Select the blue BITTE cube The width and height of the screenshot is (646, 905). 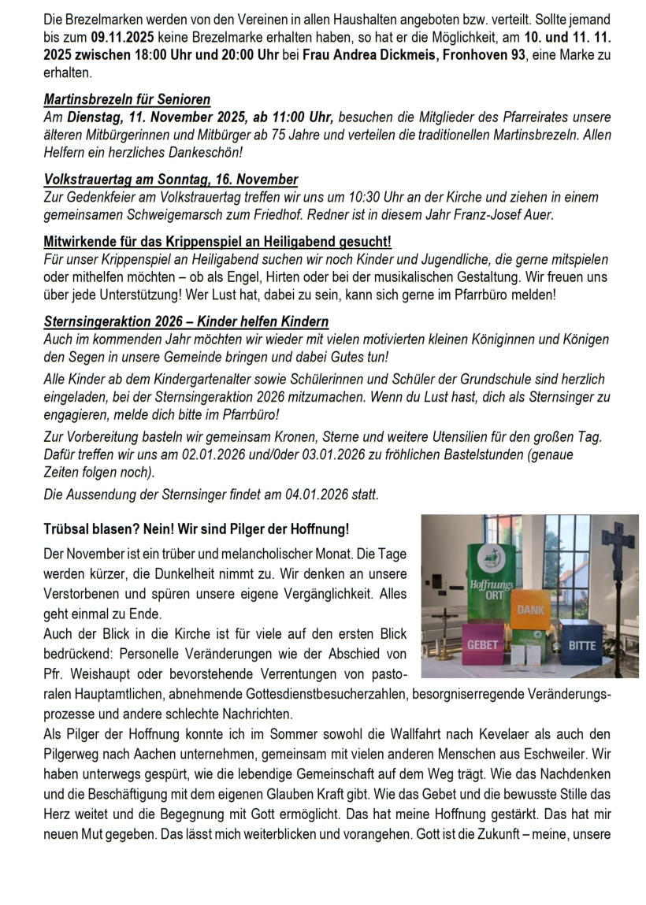581,647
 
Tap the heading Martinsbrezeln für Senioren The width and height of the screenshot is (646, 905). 127,100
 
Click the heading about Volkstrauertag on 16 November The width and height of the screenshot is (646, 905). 170,180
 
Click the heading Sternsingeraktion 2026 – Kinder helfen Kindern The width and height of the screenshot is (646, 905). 186,321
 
